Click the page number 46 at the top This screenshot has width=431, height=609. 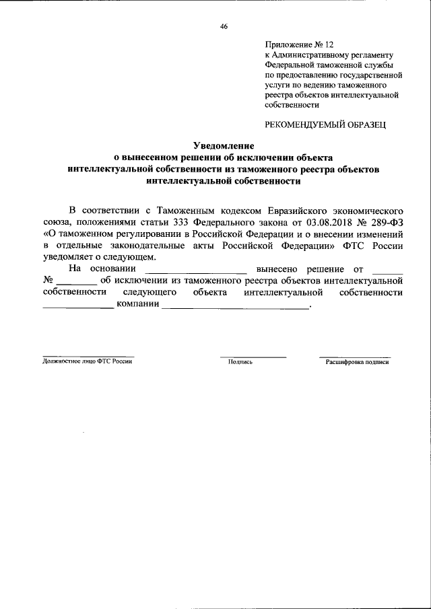click(x=224, y=27)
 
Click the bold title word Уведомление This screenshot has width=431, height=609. click(x=223, y=146)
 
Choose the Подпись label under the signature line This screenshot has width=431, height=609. click(x=240, y=361)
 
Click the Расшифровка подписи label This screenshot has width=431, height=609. click(x=357, y=361)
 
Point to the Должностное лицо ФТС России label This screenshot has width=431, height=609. click(x=88, y=361)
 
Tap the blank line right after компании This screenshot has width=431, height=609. click(x=235, y=308)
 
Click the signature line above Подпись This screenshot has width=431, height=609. click(x=253, y=356)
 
